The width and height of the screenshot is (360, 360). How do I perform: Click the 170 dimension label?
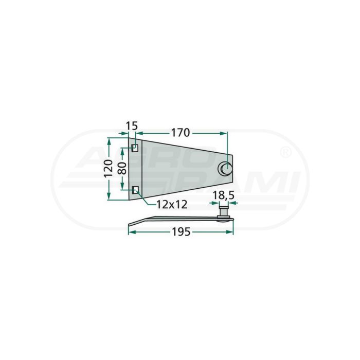point(181,133)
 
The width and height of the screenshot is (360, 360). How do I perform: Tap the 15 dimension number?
point(132,126)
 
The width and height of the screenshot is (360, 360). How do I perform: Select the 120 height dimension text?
point(109,169)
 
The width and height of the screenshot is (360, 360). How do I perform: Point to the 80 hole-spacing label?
point(122,169)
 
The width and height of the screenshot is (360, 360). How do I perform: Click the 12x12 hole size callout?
point(172,205)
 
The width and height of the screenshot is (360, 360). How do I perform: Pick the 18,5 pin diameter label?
point(223,195)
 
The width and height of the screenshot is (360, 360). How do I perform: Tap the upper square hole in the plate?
point(135,148)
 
